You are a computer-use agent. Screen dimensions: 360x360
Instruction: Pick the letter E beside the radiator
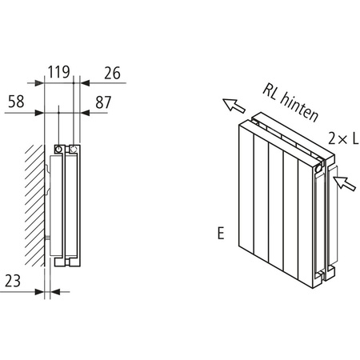coord(218,234)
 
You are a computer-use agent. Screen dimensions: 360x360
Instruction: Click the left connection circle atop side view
coord(60,149)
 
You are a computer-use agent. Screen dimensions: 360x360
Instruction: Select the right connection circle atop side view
coord(74,149)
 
